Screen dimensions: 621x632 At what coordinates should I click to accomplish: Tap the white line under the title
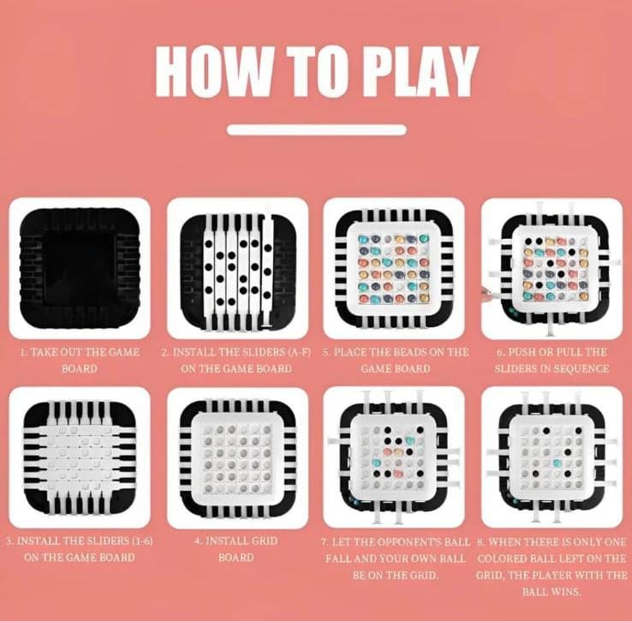pyautogui.click(x=316, y=130)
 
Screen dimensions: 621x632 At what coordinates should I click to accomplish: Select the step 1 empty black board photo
pyautogui.click(x=80, y=268)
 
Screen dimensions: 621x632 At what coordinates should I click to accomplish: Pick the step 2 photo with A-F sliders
pyautogui.click(x=237, y=268)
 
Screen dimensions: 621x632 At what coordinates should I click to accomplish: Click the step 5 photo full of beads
pyautogui.click(x=395, y=268)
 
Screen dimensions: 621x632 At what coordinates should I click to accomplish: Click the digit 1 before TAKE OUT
pyautogui.click(x=23, y=352)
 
